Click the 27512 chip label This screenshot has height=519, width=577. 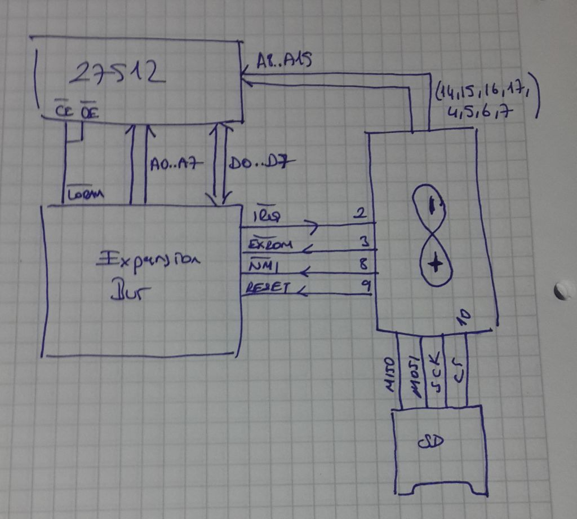pos(119,73)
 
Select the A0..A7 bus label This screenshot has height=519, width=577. pos(173,164)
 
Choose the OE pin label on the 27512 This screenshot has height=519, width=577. pos(88,112)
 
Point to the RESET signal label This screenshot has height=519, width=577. pos(267,288)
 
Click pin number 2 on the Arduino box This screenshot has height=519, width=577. pos(361,214)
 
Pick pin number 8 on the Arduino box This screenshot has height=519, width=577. pos(365,263)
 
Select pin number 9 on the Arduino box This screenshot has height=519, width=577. pos(365,286)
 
